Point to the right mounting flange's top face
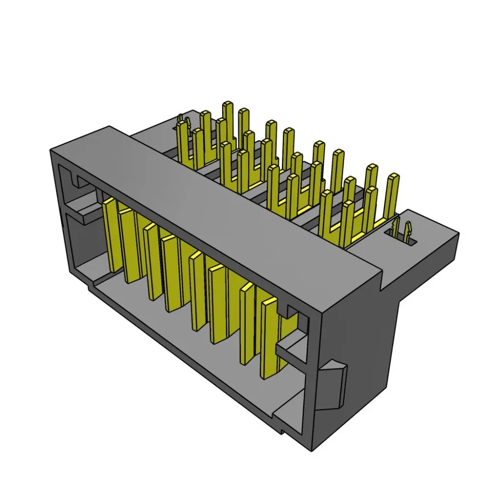[x=428, y=228]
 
